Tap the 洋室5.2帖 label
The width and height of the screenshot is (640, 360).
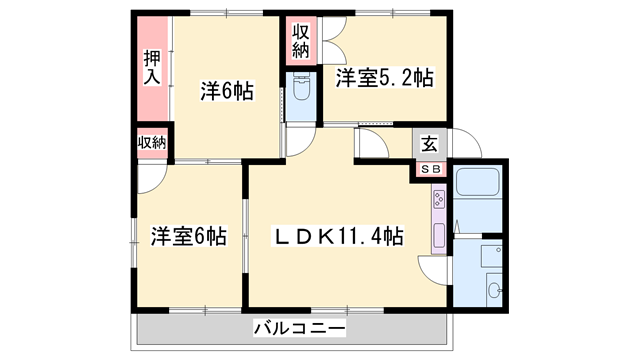coord(384,78)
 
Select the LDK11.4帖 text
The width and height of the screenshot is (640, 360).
coord(340,237)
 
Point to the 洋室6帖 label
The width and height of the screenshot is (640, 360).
coord(188,237)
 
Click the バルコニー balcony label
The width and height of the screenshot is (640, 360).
coord(299,328)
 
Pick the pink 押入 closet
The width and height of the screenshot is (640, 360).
coord(152,68)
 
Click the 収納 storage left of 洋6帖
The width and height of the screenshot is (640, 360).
coord(151,143)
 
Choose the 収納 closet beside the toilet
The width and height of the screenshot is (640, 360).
coord(301,40)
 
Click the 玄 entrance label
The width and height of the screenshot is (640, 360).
coord(428,144)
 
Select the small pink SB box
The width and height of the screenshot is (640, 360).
coord(430,170)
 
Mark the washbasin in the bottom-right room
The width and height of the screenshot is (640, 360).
coord(493,291)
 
